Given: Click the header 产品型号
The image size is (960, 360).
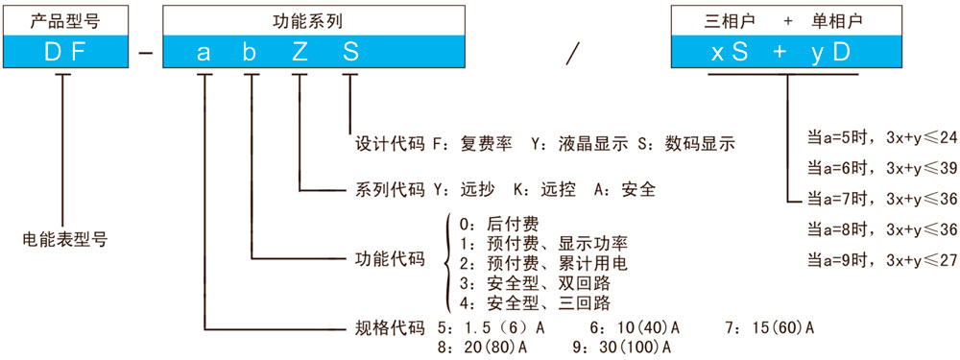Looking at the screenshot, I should (x=65, y=19).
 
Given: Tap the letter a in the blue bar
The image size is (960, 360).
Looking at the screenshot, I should (x=204, y=52).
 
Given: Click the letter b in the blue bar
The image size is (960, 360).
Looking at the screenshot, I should (x=250, y=52).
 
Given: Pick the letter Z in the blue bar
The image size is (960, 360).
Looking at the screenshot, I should (x=300, y=52).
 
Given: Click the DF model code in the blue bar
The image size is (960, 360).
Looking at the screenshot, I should (x=65, y=52).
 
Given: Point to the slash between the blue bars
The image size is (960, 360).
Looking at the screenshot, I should (x=573, y=53).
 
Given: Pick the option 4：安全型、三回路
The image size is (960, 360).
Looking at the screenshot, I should (x=534, y=303).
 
